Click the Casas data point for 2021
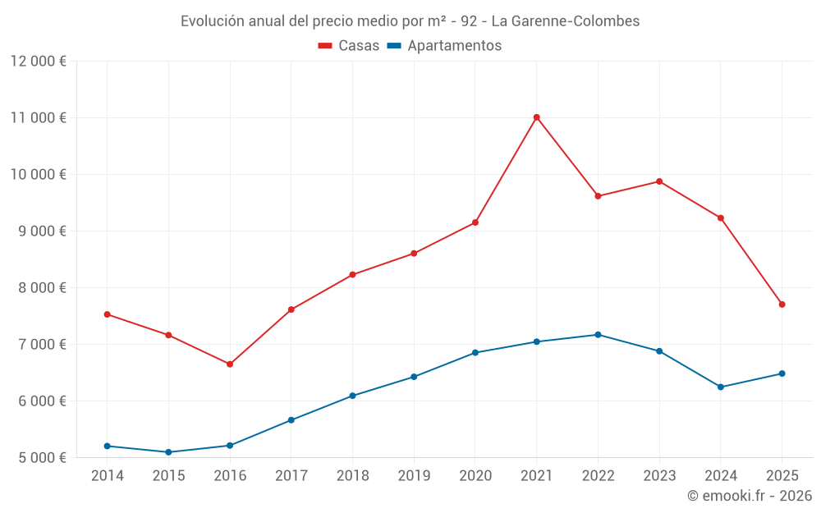[536, 117]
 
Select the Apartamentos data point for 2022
[598, 335]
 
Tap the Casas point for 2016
[230, 364]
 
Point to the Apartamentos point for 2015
[168, 452]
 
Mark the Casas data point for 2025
[782, 305]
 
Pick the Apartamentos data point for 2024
[721, 387]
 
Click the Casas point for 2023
[659, 181]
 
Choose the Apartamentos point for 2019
[414, 377]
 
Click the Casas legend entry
[349, 46]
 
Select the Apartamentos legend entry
[444, 46]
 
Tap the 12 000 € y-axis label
[39, 61]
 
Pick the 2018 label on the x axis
[352, 476]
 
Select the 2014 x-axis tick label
[108, 476]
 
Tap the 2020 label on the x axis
[475, 476]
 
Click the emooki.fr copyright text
[749, 496]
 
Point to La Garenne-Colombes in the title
[566, 21]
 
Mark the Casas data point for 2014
[108, 314]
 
